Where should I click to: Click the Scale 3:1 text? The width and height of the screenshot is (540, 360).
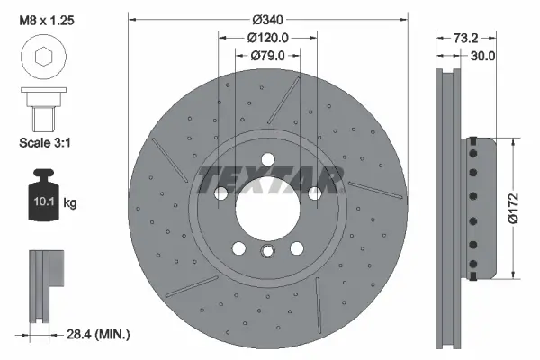click(x=45, y=142)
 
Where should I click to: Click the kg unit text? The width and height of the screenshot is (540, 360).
click(x=70, y=203)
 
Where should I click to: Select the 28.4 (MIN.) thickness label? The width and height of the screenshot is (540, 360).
click(x=100, y=335)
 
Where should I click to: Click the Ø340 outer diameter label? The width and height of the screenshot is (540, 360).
click(x=267, y=18)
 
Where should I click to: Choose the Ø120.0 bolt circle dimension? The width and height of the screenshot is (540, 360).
click(x=267, y=38)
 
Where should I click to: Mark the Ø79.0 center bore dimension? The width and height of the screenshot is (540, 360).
click(x=267, y=57)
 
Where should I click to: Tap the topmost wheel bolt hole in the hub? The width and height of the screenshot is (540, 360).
click(x=267, y=160)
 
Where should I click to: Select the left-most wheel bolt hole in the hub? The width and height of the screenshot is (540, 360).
click(x=220, y=193)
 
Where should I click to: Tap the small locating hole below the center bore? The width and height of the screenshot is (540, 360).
click(x=267, y=254)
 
